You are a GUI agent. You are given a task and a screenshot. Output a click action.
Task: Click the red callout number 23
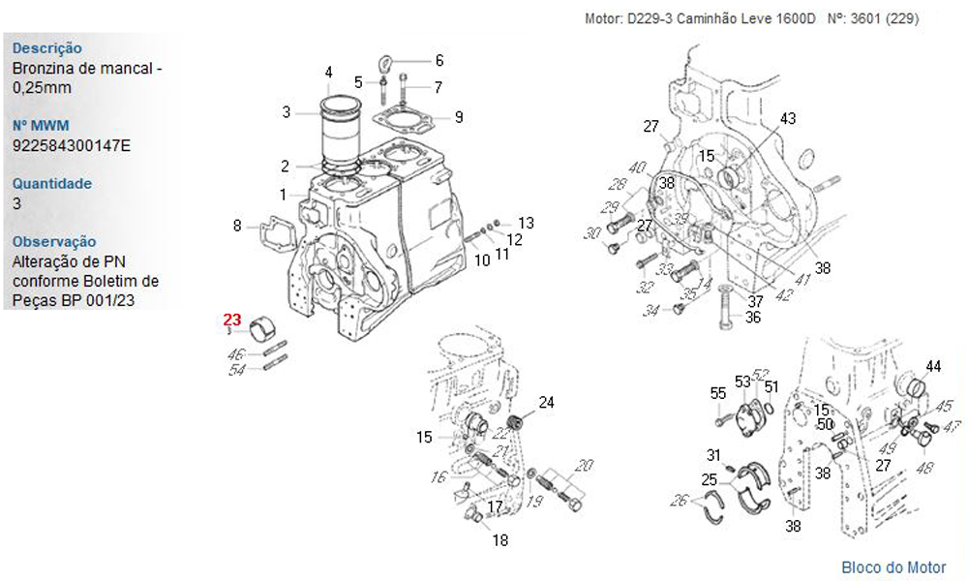click(232, 319)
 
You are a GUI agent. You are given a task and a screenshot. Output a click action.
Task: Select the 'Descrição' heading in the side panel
click(46, 48)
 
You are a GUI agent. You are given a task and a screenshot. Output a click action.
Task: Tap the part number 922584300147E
click(72, 145)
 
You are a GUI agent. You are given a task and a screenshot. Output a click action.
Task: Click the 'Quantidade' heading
click(52, 184)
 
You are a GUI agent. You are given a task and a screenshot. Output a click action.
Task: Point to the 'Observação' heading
click(54, 242)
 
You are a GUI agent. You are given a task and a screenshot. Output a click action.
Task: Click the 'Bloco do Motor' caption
click(892, 567)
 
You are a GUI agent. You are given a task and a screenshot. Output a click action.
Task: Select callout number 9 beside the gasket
click(459, 117)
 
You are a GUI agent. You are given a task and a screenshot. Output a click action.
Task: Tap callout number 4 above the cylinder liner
click(328, 72)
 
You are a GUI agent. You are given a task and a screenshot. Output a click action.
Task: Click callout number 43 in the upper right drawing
click(788, 118)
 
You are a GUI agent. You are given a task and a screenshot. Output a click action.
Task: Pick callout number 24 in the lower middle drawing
click(546, 402)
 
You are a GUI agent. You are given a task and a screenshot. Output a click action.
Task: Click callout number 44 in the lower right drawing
click(933, 366)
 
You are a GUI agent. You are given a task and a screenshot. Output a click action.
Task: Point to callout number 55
click(717, 393)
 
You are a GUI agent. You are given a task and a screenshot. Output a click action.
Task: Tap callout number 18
click(499, 540)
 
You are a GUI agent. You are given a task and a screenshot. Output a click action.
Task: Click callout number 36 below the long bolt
click(752, 317)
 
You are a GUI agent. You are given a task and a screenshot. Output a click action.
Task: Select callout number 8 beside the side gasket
click(237, 226)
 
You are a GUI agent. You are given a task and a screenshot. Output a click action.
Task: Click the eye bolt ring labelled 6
click(386, 63)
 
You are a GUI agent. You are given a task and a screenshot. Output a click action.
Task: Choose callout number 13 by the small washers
click(526, 223)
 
